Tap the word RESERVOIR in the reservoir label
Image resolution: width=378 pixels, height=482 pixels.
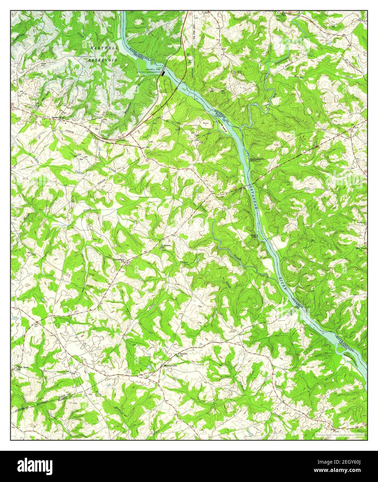click(102, 60)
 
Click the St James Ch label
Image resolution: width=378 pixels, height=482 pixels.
click(165, 246)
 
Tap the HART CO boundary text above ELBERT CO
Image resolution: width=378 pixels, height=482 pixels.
click(65, 396)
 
